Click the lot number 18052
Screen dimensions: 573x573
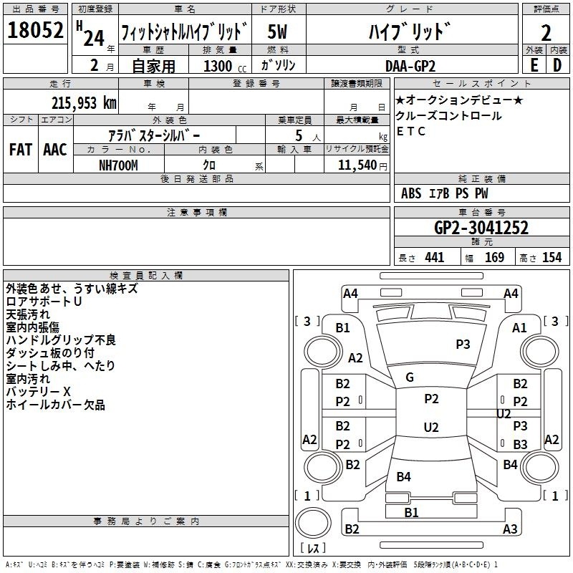pyautogui.click(x=35, y=32)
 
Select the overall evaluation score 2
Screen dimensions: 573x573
pyautogui.click(x=546, y=33)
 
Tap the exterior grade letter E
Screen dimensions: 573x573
pyautogui.click(x=534, y=64)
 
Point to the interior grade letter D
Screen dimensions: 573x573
pyautogui.click(x=557, y=64)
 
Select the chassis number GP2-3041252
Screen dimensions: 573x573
pyautogui.click(x=481, y=228)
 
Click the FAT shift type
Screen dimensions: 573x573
pyautogui.click(x=20, y=149)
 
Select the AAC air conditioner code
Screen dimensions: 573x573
pyautogui.click(x=54, y=149)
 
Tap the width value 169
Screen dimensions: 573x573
pyautogui.click(x=494, y=258)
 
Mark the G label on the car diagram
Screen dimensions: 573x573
pyautogui.click(x=410, y=377)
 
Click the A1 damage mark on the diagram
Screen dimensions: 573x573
pyautogui.click(x=519, y=327)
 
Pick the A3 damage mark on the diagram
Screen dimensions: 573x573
pyautogui.click(x=509, y=529)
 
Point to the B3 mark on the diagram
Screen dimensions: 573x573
pyautogui.click(x=520, y=445)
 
